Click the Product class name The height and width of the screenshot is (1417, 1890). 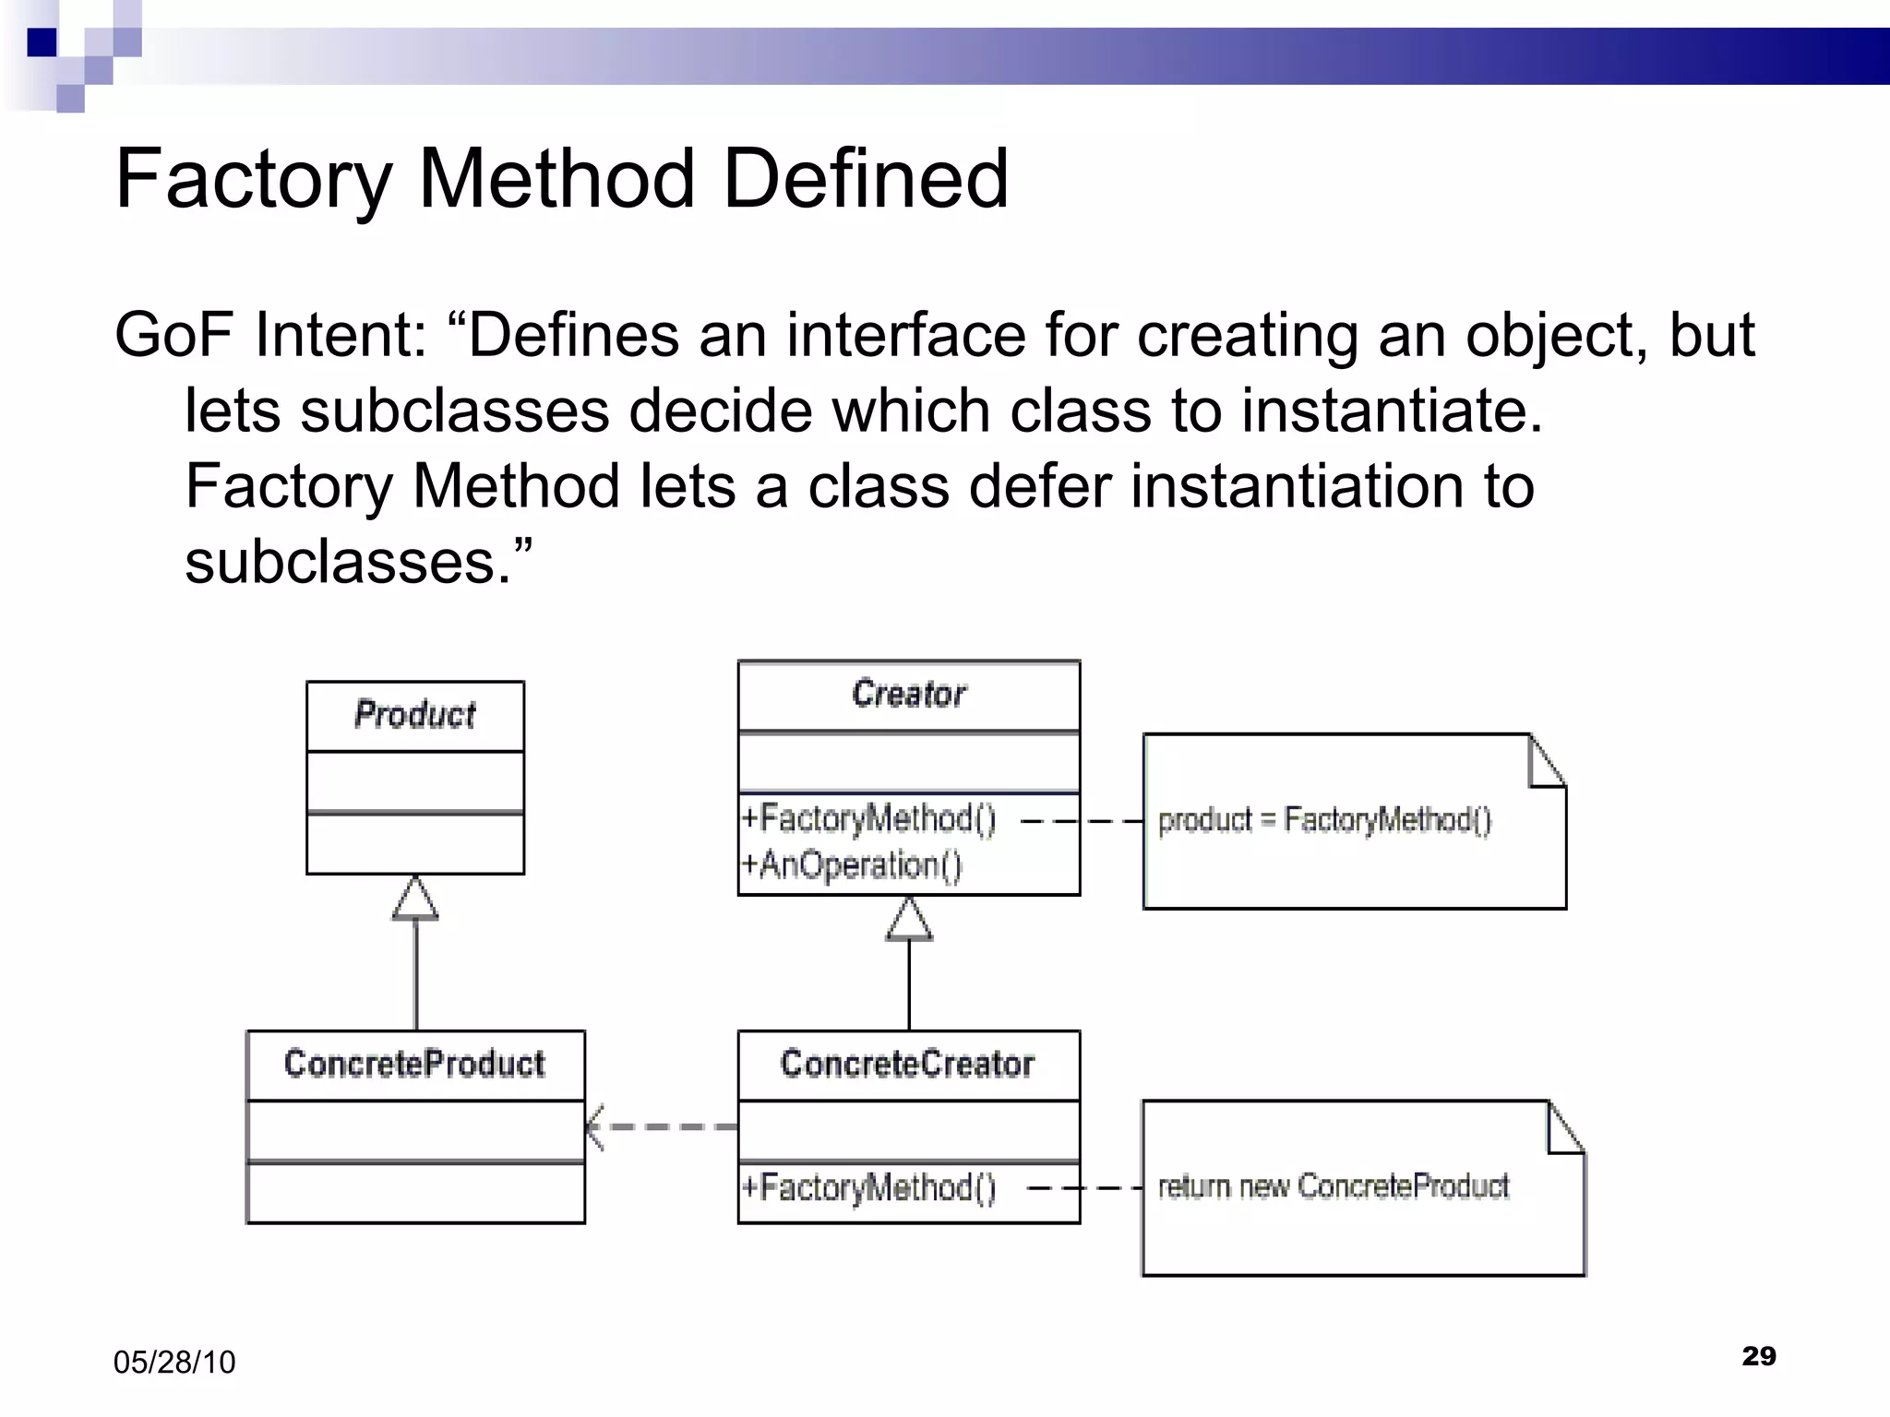[x=414, y=715]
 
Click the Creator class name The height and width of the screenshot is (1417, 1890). [x=908, y=694]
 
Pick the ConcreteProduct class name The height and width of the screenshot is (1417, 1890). [x=414, y=1064]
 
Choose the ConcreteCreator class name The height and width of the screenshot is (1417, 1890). [x=907, y=1064]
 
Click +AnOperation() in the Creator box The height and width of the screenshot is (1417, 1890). [x=851, y=865]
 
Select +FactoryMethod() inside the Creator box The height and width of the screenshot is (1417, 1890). [x=867, y=819]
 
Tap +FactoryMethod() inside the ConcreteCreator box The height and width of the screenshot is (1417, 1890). [x=867, y=1187]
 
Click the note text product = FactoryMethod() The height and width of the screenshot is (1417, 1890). [x=1324, y=820]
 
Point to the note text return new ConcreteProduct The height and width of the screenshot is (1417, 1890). [x=1333, y=1186]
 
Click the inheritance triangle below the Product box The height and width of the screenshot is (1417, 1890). [x=415, y=899]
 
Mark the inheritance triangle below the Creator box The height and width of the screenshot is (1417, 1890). [x=909, y=921]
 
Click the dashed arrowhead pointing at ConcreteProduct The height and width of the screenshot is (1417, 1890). [x=596, y=1126]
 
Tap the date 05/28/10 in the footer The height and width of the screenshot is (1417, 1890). [x=174, y=1363]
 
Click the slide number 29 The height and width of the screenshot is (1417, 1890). [x=1758, y=1356]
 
